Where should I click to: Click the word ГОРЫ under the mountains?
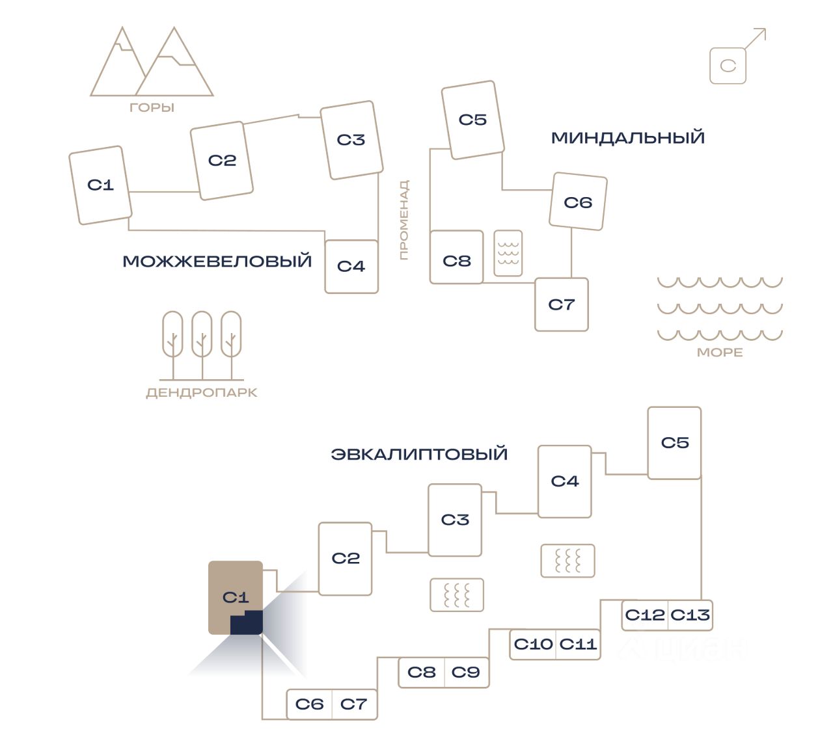(x=152, y=108)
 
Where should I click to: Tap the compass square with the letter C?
(x=728, y=66)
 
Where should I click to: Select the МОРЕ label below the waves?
(x=720, y=353)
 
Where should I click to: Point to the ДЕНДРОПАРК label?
(x=202, y=393)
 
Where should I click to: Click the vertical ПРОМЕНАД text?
(x=404, y=220)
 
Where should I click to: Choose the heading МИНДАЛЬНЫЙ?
(x=628, y=138)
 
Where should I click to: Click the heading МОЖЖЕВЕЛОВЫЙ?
(x=217, y=261)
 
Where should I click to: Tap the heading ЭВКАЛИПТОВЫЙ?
(x=419, y=454)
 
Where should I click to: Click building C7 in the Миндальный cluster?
(x=562, y=304)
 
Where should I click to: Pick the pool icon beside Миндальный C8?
(x=508, y=252)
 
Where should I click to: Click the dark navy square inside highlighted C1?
(x=247, y=622)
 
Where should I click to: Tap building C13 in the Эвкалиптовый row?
(x=690, y=615)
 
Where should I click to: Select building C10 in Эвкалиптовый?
(x=533, y=645)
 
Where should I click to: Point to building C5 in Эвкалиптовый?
(x=674, y=443)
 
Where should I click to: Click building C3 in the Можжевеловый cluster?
(x=351, y=140)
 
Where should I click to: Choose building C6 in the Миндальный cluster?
(x=578, y=202)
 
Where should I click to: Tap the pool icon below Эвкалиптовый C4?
(x=568, y=561)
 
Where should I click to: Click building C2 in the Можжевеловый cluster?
(x=222, y=161)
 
